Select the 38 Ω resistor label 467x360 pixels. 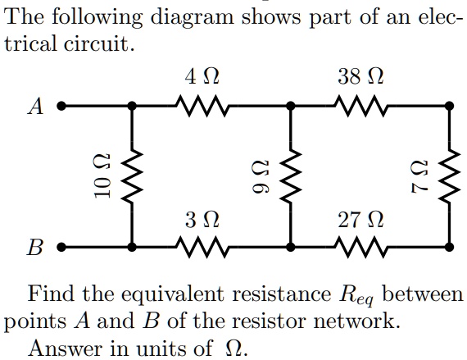(361, 79)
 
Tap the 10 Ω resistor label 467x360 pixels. (97, 175)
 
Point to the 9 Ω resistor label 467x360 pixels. (256, 175)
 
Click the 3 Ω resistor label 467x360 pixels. (202, 219)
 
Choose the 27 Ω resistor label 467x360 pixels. (361, 219)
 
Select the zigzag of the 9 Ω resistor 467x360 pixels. (290, 175)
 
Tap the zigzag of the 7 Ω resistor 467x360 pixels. (449, 175)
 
